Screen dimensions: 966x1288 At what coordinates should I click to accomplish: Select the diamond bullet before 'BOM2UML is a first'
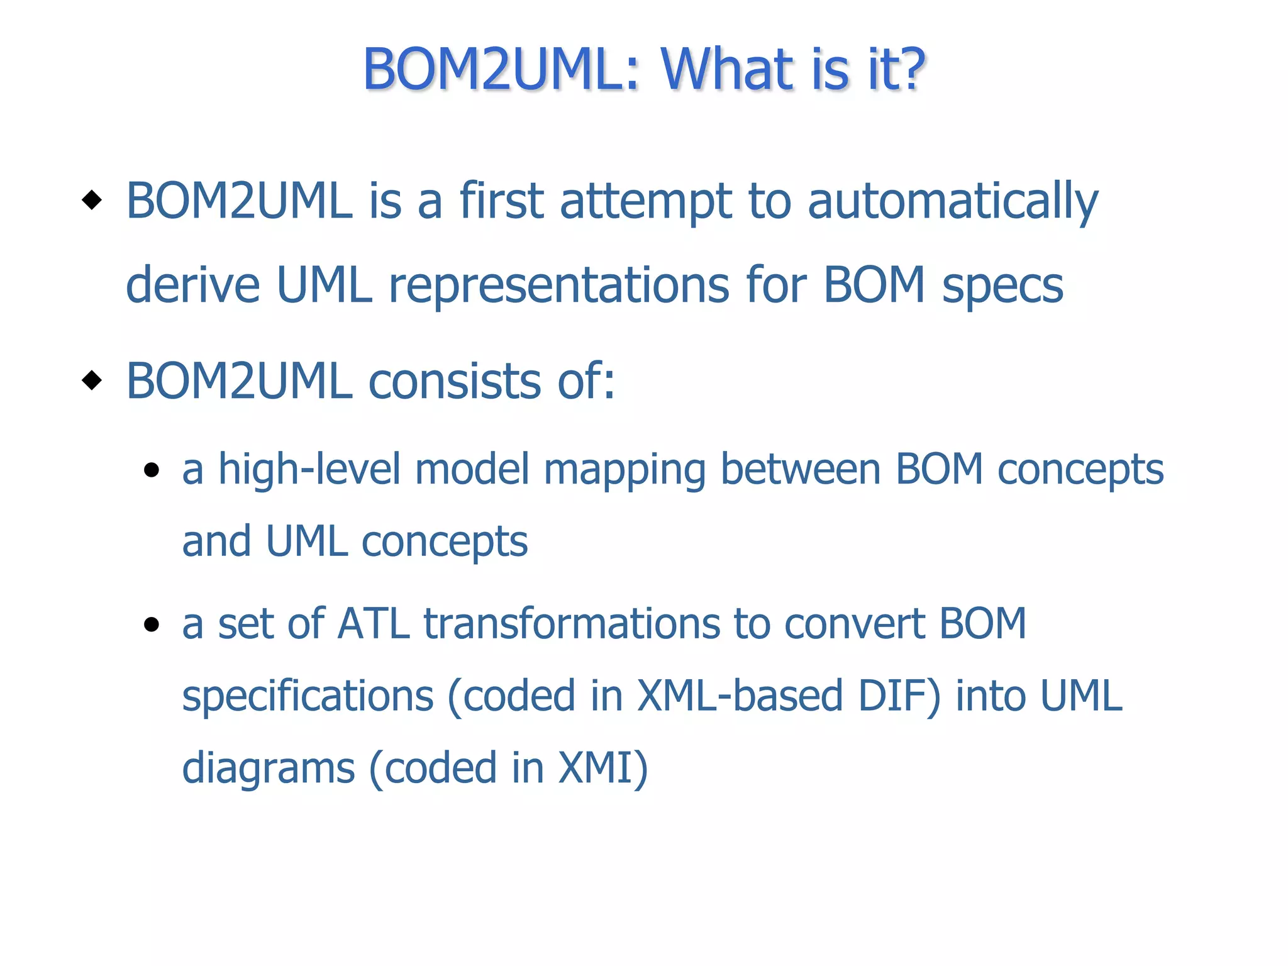pos(92,201)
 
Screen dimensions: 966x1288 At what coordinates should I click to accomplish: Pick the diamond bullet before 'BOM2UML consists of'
pos(92,380)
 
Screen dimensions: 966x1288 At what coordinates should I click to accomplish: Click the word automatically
pos(952,202)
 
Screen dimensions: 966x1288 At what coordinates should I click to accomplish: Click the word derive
pos(192,285)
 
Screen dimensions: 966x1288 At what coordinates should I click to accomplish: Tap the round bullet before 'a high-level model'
pos(151,470)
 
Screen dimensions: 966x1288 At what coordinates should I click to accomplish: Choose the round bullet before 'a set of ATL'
pos(151,624)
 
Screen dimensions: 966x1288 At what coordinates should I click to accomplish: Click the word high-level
pos(309,470)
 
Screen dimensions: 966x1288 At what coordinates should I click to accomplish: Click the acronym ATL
pos(373,624)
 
